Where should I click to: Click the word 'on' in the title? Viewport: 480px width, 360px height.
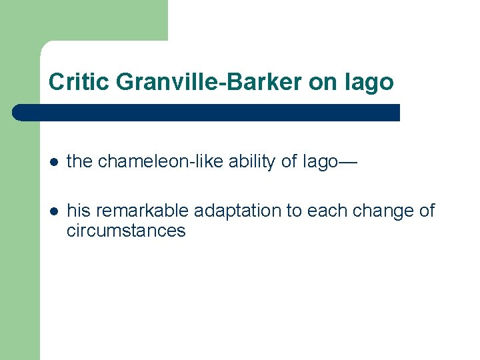coord(322,82)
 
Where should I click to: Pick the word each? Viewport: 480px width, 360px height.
coord(329,211)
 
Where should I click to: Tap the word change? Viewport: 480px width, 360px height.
coord(384,211)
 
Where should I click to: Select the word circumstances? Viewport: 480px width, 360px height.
coord(126,231)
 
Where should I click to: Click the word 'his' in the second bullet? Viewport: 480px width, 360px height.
coord(79,211)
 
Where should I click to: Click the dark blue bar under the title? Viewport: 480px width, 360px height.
coord(207,113)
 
